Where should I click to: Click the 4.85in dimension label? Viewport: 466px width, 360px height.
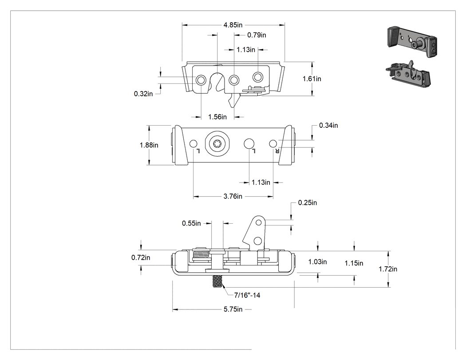(233, 25)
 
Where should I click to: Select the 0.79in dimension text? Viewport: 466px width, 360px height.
(257, 35)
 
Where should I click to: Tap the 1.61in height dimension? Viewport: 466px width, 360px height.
(312, 79)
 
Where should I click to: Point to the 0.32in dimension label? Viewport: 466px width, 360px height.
(143, 94)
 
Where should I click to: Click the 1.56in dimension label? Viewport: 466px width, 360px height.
(217, 117)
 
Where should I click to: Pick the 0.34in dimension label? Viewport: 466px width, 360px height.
(328, 126)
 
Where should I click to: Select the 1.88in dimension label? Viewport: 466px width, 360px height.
(149, 145)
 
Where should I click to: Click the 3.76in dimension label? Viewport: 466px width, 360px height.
(233, 196)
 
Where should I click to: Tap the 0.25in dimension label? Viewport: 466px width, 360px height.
(308, 203)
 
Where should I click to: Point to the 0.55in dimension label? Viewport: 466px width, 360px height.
(191, 223)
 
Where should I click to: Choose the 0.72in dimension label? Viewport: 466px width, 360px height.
(141, 257)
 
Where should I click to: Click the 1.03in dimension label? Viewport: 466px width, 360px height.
(317, 262)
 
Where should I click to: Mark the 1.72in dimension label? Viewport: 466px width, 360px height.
(388, 269)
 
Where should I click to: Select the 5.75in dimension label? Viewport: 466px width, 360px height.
(233, 309)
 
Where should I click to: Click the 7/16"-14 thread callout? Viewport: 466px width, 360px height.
(247, 295)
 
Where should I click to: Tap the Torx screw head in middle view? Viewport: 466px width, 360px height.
(217, 144)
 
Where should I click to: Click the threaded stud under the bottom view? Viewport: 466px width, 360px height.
(217, 281)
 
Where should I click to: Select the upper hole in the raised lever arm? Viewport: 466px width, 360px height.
(259, 222)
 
